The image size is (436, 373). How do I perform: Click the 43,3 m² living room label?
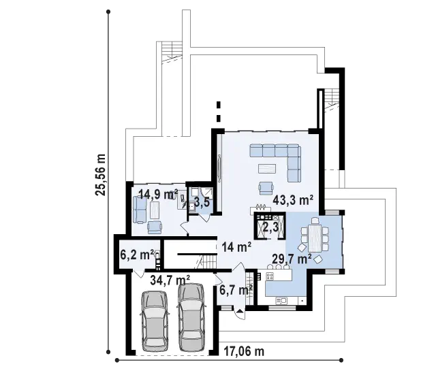[x=293, y=200]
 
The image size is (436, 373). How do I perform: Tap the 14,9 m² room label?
[x=158, y=195]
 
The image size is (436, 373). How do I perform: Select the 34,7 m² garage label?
[x=170, y=280]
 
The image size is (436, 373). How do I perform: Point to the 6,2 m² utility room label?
[x=137, y=255]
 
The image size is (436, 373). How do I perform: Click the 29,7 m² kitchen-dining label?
[x=292, y=259]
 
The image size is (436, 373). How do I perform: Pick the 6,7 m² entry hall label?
[x=236, y=291]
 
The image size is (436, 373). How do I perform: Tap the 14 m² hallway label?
[x=236, y=246]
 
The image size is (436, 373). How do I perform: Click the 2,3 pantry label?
[x=270, y=227]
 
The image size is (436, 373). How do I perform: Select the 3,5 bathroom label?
[x=202, y=203]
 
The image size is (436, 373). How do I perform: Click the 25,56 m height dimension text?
[x=100, y=175]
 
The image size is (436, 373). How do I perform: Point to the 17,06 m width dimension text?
[x=244, y=352]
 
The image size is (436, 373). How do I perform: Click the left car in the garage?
[x=155, y=321]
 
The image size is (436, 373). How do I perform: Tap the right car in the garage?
[x=191, y=317]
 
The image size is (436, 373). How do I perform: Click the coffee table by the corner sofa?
[x=267, y=169]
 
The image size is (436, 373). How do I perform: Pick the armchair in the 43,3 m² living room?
[x=266, y=188]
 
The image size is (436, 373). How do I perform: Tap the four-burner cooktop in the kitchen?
[x=270, y=276]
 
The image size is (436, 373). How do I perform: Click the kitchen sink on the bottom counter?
[x=281, y=300]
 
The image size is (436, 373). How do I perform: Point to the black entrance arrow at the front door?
[x=239, y=311]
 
